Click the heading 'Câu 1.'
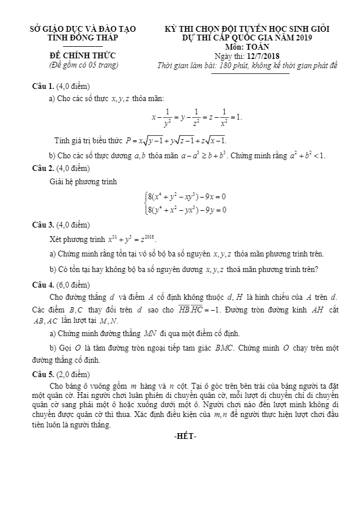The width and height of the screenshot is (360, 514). pyautogui.click(x=44, y=86)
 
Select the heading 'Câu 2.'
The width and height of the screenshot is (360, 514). pyautogui.click(x=44, y=169)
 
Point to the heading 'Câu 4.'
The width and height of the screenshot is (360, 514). pyautogui.click(x=44, y=285)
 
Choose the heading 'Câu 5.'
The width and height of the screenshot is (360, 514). pyautogui.click(x=44, y=374)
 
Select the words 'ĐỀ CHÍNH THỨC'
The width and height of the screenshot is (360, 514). pyautogui.click(x=82, y=55)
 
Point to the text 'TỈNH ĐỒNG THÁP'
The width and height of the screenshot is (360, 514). pyautogui.click(x=82, y=37)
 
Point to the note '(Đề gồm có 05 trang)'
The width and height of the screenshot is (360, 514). pyautogui.click(x=82, y=65)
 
